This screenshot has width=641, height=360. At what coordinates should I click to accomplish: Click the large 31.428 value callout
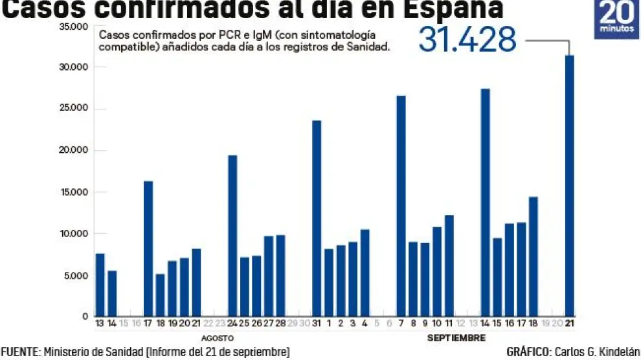click(x=467, y=39)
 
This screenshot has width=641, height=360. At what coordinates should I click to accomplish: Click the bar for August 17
click(x=148, y=249)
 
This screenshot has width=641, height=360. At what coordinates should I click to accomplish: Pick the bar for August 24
click(x=232, y=236)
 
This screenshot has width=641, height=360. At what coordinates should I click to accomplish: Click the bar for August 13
click(x=100, y=285)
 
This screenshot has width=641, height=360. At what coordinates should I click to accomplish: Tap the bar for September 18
click(x=533, y=256)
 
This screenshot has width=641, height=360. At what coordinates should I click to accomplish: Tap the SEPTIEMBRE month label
click(x=456, y=338)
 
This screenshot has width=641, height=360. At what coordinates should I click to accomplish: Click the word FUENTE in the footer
click(x=20, y=352)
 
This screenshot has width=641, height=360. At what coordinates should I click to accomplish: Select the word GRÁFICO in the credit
click(x=526, y=352)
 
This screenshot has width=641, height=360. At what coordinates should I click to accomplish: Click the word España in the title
click(x=449, y=9)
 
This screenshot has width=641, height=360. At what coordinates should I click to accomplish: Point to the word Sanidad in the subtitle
click(x=369, y=48)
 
